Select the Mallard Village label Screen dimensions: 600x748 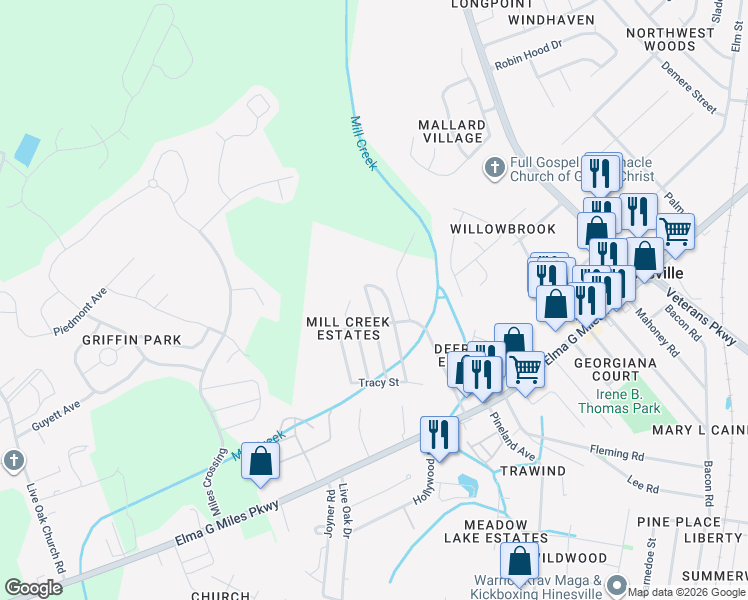tap(452, 131)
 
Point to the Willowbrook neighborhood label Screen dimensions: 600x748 tap(502, 229)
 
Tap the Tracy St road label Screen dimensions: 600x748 tap(379, 382)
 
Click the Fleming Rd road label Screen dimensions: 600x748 tap(618, 452)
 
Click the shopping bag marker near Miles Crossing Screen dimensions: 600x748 tap(260, 461)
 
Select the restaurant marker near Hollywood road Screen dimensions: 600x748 tap(439, 434)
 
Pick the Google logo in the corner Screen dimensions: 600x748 tap(33, 588)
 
